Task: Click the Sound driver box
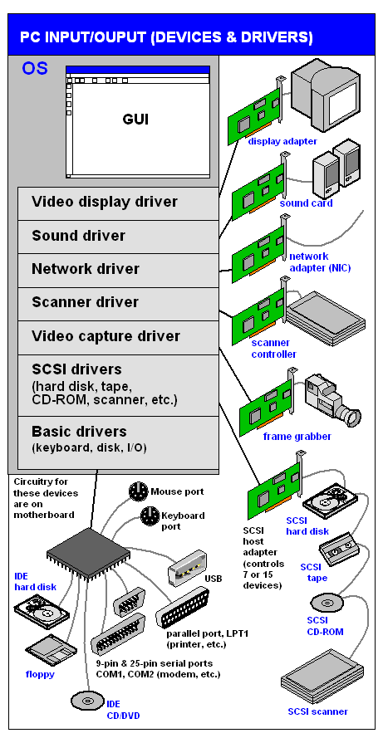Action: (x=118, y=237)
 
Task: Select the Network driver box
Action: (x=118, y=270)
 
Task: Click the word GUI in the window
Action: (x=135, y=120)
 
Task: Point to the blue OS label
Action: (x=34, y=69)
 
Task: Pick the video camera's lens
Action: (x=351, y=417)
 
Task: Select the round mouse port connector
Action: (x=139, y=491)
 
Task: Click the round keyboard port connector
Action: (x=150, y=516)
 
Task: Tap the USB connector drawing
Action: (x=188, y=569)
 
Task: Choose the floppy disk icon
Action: (x=52, y=650)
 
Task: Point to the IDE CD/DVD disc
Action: (x=87, y=701)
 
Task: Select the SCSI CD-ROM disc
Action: (x=327, y=603)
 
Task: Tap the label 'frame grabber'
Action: (x=297, y=437)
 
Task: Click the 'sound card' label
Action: (x=307, y=203)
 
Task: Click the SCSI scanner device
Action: (x=322, y=678)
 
